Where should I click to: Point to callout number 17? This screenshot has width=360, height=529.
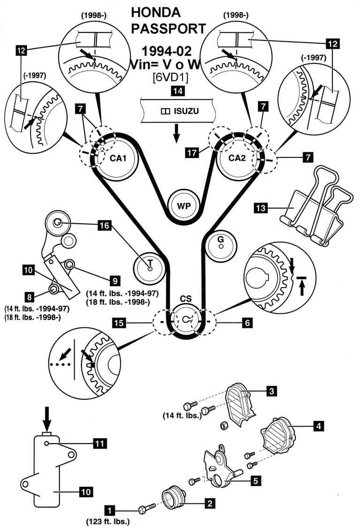(x=191, y=153)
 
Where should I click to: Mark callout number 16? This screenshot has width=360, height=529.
(x=104, y=226)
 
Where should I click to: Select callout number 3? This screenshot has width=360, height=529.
(x=270, y=390)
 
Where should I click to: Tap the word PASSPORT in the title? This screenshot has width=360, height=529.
(x=168, y=29)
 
